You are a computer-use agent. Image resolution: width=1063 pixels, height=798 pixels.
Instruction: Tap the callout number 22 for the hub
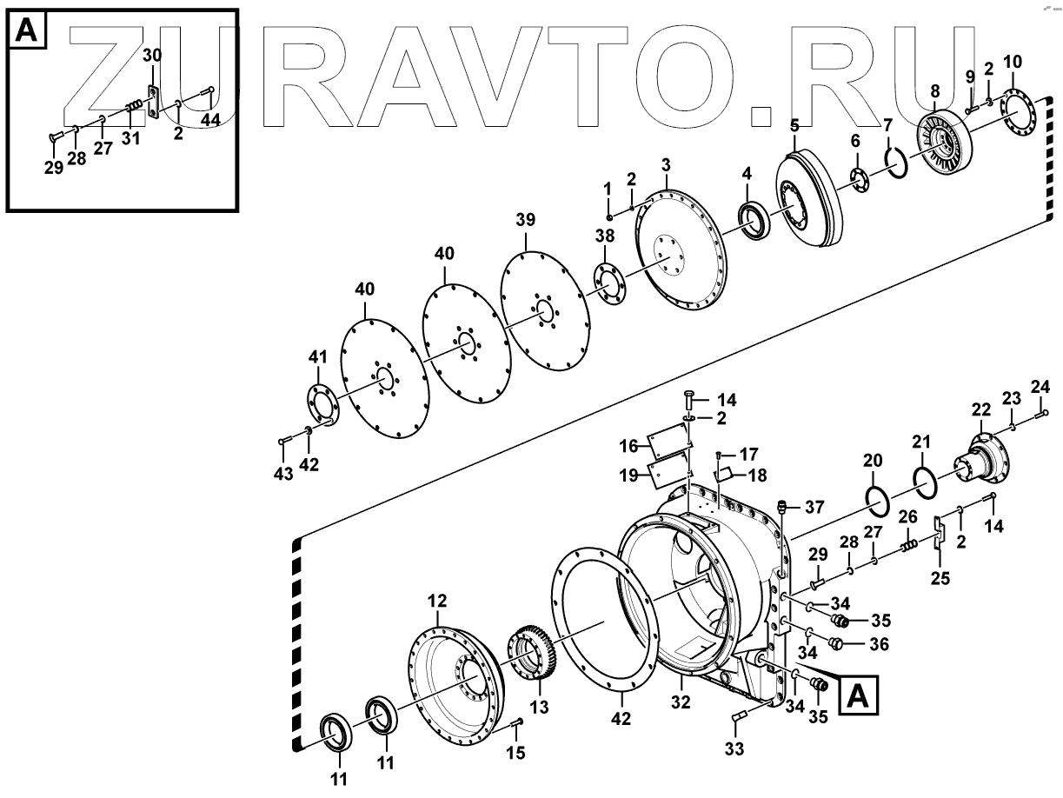click(980, 410)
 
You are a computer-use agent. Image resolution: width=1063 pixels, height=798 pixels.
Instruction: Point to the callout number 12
click(436, 601)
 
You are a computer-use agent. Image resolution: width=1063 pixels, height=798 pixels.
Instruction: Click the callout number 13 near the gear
click(539, 708)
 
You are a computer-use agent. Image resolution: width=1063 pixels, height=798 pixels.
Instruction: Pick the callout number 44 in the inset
click(210, 119)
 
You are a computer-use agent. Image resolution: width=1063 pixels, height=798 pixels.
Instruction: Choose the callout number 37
click(814, 508)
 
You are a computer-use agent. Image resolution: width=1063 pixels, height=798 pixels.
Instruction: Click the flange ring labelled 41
click(322, 402)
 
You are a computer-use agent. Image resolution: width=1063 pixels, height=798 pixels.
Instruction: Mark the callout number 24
click(1040, 386)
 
